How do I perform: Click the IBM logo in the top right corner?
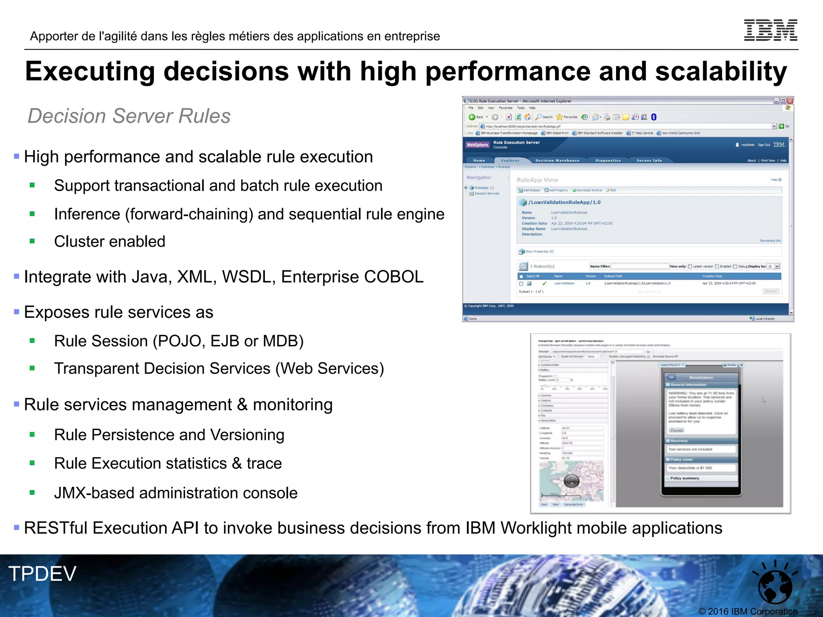[770, 30]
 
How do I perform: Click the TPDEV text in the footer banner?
[42, 573]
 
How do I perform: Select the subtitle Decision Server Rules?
[129, 116]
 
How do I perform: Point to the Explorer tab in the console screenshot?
[510, 160]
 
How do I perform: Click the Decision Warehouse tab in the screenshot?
[557, 160]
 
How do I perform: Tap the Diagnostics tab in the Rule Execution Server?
[608, 160]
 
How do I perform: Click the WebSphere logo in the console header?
[477, 145]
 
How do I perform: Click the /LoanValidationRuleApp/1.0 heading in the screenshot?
[564, 202]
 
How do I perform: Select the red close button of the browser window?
[790, 101]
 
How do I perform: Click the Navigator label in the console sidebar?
[479, 177]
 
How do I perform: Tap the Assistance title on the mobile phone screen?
[701, 377]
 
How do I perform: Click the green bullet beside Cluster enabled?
[32, 241]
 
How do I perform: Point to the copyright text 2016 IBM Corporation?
[748, 611]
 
